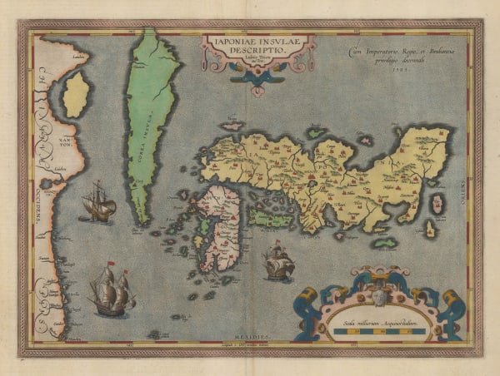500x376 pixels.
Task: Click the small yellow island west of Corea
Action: pyautogui.click(x=77, y=94)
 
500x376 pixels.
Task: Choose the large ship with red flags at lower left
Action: pyautogui.click(x=112, y=291)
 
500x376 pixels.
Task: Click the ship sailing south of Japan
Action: pyautogui.click(x=279, y=263)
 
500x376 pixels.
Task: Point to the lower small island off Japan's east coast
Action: pyautogui.click(x=431, y=229)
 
